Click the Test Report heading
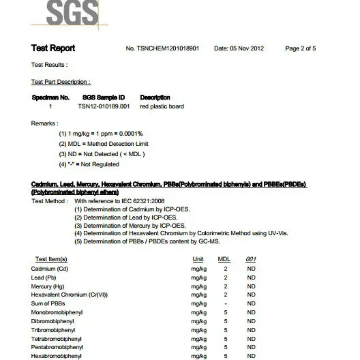(x=53, y=48)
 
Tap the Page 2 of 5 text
(x=300, y=49)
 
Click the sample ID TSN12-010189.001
(x=104, y=107)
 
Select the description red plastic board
(x=162, y=107)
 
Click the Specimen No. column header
(x=50, y=97)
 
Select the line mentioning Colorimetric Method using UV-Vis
(x=181, y=233)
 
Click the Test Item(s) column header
(x=50, y=260)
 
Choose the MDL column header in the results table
(x=224, y=260)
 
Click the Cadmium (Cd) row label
(x=48, y=269)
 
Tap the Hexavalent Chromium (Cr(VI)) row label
(x=65, y=294)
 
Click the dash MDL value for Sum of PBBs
(x=225, y=303)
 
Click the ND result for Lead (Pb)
(x=251, y=277)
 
